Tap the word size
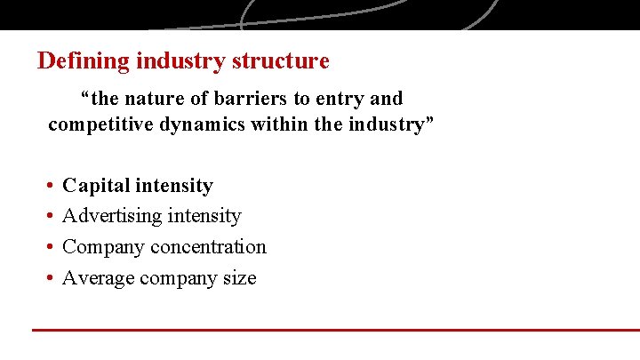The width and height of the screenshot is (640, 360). coord(240,278)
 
